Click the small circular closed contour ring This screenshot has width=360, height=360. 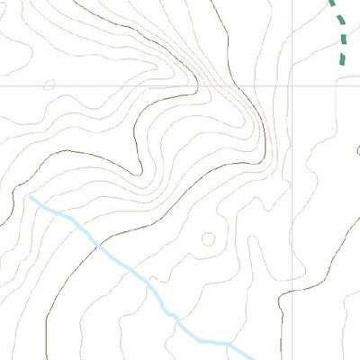click(x=209, y=238)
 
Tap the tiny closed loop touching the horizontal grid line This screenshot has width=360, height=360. click(x=49, y=85)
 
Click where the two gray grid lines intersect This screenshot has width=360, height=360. click(x=292, y=86)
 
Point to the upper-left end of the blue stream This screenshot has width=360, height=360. click(x=31, y=196)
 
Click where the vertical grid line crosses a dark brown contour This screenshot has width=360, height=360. click(x=292, y=293)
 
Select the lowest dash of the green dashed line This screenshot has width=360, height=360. click(x=342, y=59)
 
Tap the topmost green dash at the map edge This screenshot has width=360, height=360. click(x=330, y=3)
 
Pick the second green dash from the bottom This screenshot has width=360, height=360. click(x=343, y=39)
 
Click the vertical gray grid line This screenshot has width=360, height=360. click(x=292, y=180)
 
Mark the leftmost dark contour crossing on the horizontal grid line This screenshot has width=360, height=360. click(x=196, y=86)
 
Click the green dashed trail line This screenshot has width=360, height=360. click(x=341, y=27)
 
